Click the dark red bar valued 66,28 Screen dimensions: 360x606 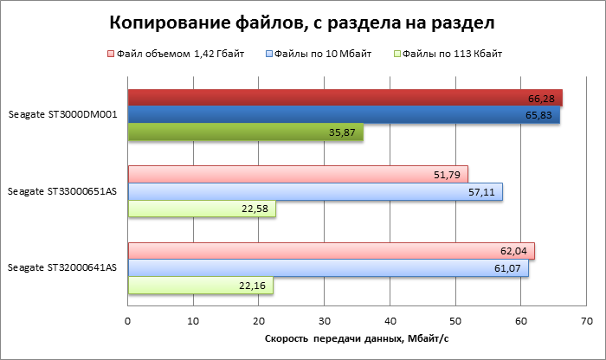pos(345,97)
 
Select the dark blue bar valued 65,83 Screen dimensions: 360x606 pos(343,114)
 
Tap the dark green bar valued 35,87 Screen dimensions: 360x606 pos(245,132)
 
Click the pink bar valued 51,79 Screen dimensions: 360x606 pos(297,174)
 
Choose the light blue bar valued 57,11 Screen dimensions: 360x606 pos(314,191)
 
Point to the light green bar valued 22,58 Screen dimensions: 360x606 pos(202,209)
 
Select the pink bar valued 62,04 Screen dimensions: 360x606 pos(331,251)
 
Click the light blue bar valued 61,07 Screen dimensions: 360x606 pos(327,268)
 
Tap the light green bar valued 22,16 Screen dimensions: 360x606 pos(200,286)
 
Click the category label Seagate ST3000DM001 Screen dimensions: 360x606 pos(63,114)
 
